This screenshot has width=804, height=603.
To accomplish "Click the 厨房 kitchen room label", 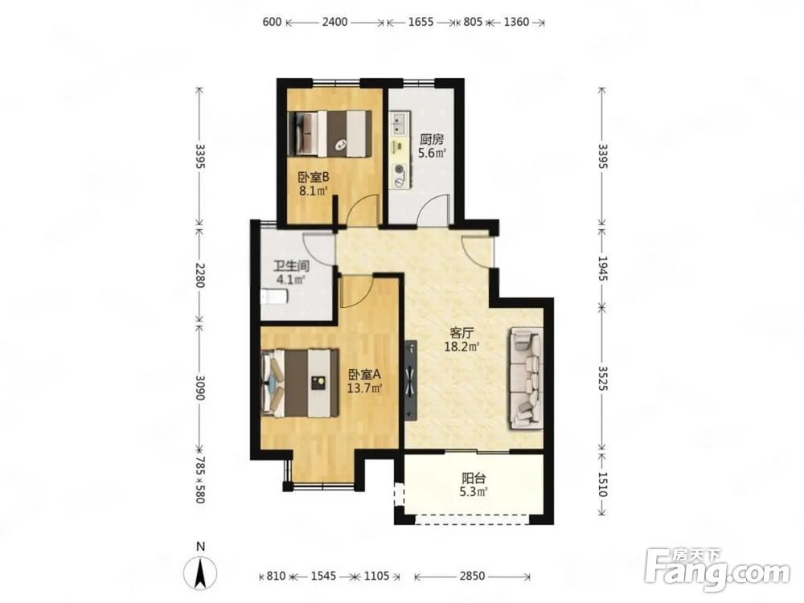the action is [431, 139].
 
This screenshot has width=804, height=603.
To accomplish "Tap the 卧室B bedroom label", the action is [314, 178].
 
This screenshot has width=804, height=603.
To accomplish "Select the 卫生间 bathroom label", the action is [291, 267].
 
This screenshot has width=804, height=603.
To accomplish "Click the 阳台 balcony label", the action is [474, 479].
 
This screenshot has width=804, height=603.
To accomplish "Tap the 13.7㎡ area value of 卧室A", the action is [364, 388].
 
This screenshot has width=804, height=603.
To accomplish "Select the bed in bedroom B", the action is [330, 133].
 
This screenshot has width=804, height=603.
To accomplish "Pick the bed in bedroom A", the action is [301, 383].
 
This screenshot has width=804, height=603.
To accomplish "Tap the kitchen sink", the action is [399, 122].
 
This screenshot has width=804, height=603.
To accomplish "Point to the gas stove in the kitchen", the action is [399, 173].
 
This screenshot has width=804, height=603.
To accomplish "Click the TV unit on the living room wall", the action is [412, 381].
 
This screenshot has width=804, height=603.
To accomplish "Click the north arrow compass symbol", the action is [200, 572].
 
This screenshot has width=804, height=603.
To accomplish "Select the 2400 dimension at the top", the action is [334, 22].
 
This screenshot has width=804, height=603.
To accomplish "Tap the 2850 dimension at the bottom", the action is [472, 576].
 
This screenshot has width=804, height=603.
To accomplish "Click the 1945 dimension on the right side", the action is [602, 269].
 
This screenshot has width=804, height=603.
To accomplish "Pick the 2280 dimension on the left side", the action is [200, 274].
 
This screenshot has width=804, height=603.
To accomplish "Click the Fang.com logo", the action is [717, 568].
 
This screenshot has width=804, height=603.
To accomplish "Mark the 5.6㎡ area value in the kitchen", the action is [432, 153].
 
